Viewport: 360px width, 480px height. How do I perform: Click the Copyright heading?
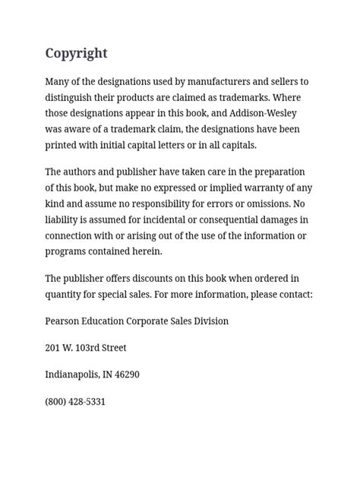pos(76,53)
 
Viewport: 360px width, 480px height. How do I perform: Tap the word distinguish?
pos(74,97)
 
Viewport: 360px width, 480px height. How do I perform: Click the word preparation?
pos(276,172)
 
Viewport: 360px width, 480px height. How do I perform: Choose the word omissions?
pos(264,204)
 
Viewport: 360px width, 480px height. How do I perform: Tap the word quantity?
pos(66,294)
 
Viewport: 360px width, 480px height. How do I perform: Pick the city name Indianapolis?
pos(71,374)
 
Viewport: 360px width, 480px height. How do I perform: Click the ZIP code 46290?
pos(125,374)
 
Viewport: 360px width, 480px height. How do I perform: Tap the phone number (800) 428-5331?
pos(75,401)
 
